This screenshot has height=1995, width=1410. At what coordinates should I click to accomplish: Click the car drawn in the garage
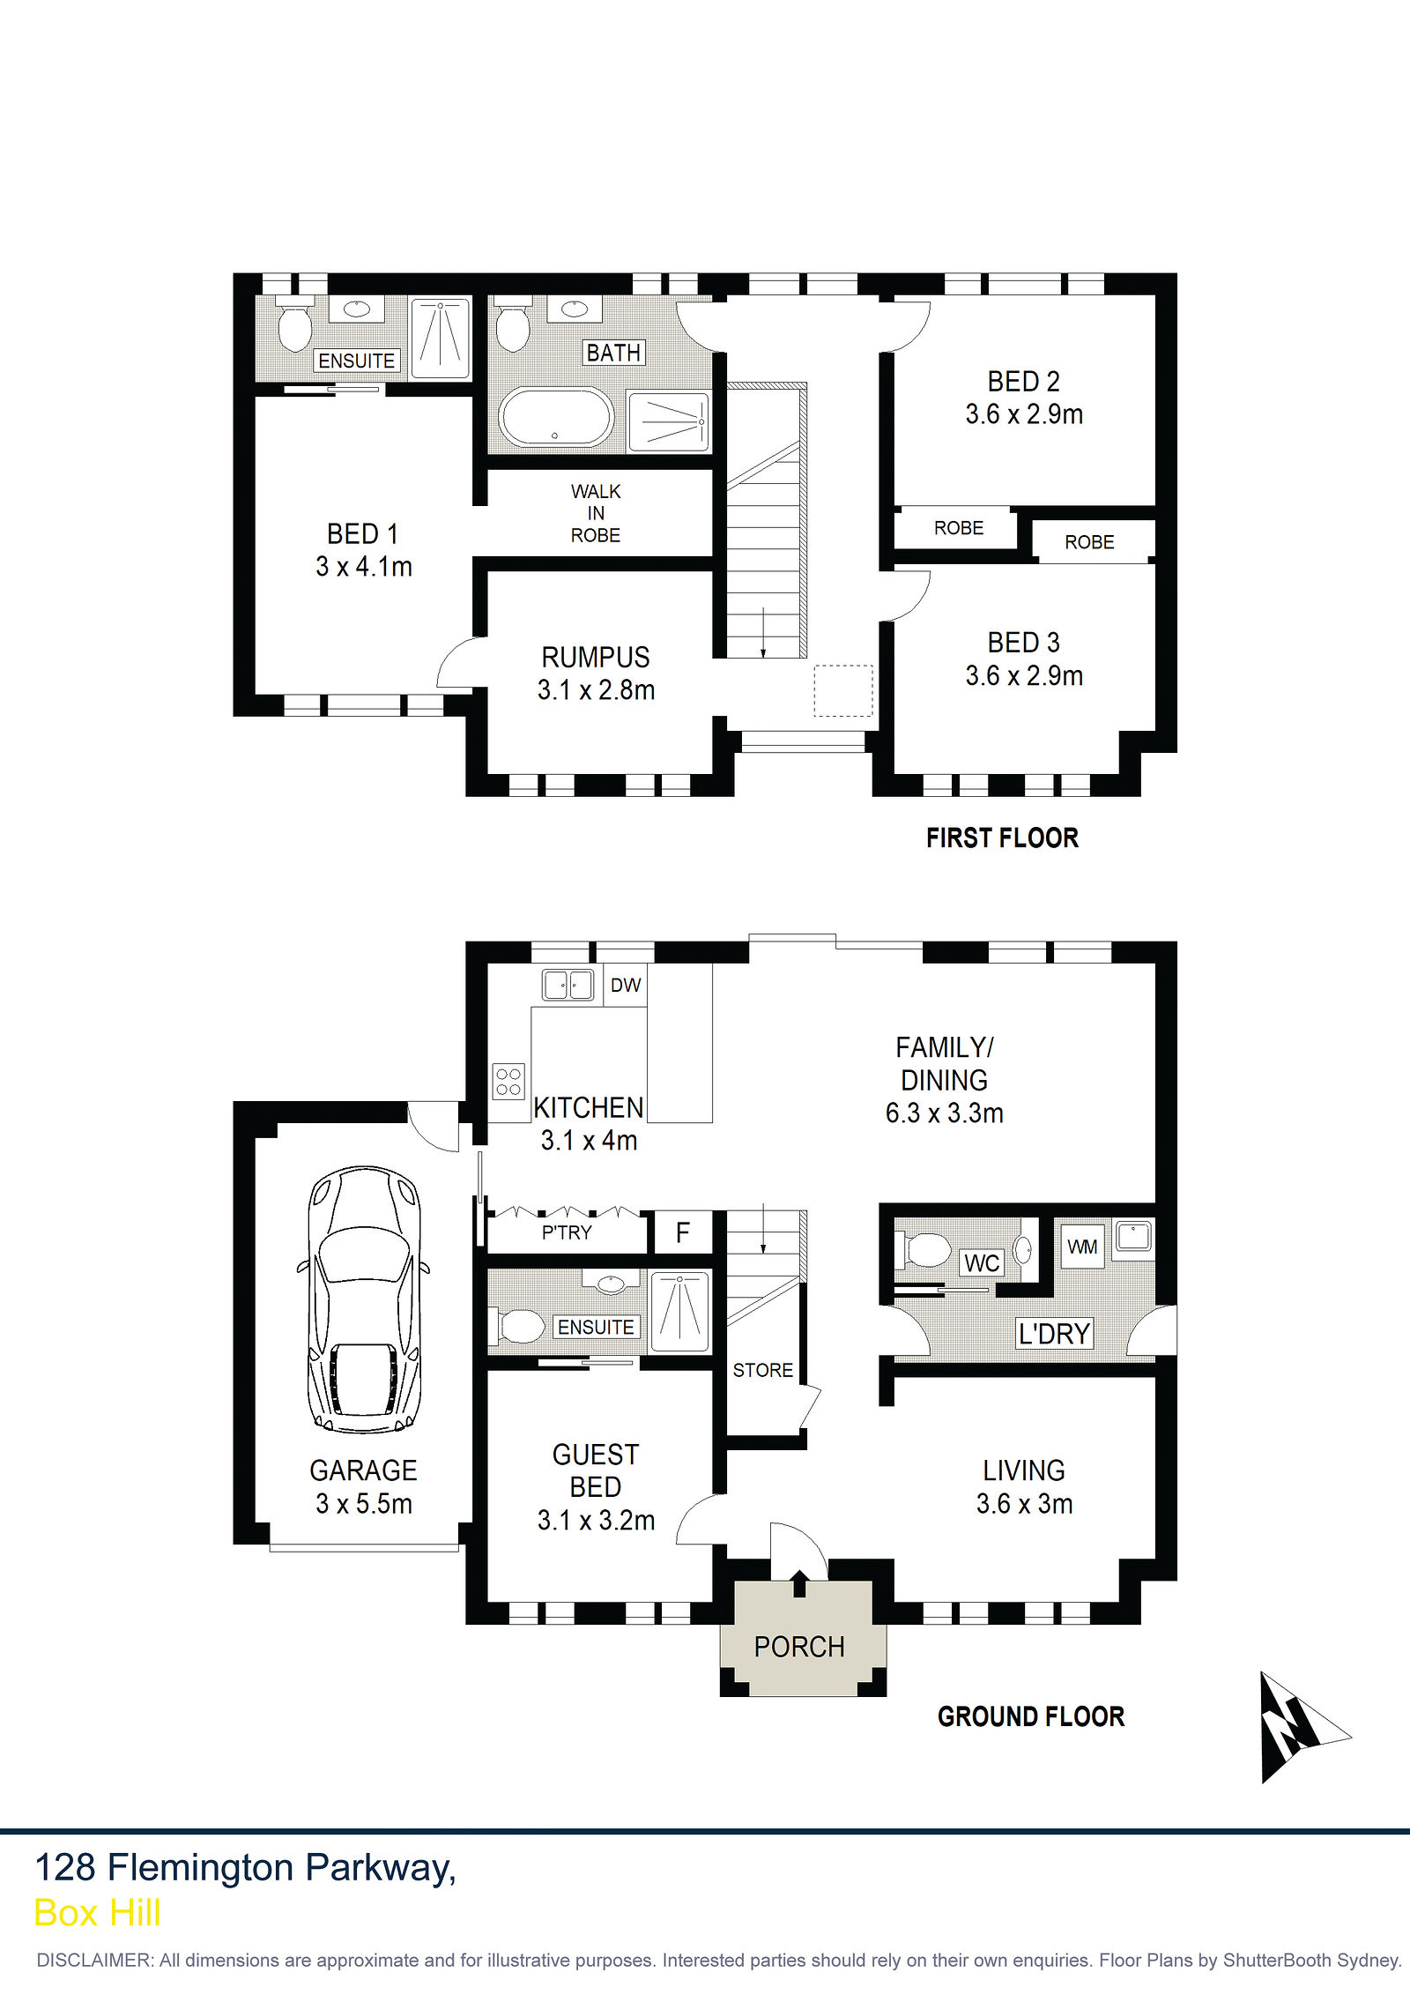coord(364,1300)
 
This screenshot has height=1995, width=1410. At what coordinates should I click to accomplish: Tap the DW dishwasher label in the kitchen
coord(626,985)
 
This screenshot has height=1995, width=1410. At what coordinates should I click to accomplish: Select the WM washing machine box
coord(1082,1246)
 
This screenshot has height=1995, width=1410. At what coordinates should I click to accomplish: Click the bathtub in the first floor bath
coord(556,417)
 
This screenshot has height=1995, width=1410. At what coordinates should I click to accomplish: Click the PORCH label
coord(799,1647)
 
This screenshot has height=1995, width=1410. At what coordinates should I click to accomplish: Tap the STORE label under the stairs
coord(763,1370)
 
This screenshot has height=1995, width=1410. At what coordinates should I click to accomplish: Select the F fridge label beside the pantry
coord(683,1232)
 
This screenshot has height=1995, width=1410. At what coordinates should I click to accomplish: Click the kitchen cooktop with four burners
coord(508,1081)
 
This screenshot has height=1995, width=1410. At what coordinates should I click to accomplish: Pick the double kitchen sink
coord(568,985)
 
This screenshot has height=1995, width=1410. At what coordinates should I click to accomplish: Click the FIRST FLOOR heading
coord(1002,837)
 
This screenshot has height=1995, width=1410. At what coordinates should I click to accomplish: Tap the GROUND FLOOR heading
coord(1031,1716)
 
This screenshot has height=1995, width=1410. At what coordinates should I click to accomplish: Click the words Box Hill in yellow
coord(98,1913)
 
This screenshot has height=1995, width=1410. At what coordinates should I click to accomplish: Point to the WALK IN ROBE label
coord(596,513)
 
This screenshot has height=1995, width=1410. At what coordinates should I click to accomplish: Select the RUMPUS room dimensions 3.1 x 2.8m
coord(597,689)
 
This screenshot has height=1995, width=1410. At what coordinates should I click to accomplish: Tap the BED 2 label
coord(1024,382)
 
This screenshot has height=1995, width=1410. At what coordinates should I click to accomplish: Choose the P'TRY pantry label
coord(567,1232)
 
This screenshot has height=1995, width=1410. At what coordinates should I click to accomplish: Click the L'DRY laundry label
coord(1055,1334)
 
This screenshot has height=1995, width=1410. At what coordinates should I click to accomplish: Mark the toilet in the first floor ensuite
coord(294,324)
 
